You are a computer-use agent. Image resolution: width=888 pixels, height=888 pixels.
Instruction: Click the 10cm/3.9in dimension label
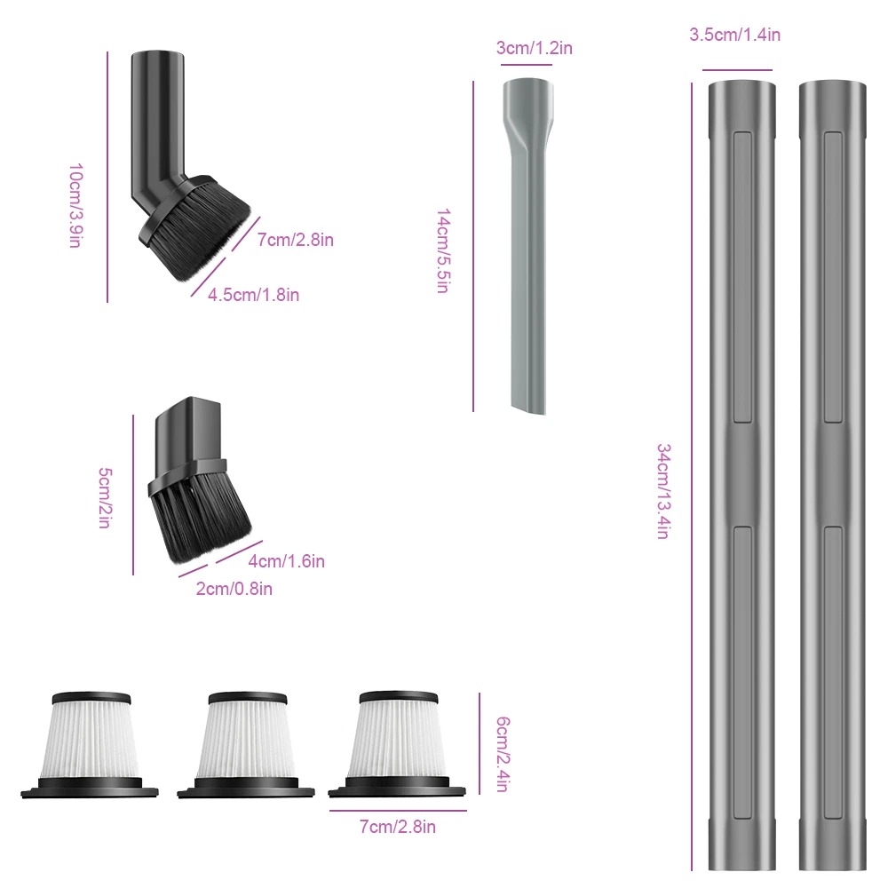[75, 206]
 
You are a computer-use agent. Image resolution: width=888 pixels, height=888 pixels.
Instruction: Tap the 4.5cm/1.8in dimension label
[253, 295]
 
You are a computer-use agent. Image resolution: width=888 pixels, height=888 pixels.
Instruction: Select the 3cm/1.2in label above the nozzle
[534, 48]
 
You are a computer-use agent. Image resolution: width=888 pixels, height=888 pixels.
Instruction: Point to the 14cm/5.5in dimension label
[443, 251]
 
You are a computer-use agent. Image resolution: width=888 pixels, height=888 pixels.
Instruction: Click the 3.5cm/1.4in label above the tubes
[734, 35]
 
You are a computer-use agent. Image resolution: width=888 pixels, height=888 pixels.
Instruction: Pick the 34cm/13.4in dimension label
[663, 491]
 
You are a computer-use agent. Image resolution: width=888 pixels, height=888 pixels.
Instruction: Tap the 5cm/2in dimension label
[106, 498]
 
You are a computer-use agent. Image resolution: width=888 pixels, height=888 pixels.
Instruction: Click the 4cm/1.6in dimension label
[287, 561]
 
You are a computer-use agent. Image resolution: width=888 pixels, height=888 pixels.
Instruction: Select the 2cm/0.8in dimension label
[234, 589]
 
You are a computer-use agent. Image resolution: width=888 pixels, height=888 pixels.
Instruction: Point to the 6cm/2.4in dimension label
[503, 754]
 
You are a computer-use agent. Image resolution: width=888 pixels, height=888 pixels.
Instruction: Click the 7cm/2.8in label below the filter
[398, 827]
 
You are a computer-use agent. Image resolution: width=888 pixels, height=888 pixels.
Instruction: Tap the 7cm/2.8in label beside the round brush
[295, 240]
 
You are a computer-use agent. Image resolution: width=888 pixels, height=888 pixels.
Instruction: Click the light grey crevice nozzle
[527, 247]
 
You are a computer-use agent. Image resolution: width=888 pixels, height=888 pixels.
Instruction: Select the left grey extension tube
[741, 476]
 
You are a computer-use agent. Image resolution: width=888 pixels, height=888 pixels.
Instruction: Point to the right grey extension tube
[833, 476]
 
